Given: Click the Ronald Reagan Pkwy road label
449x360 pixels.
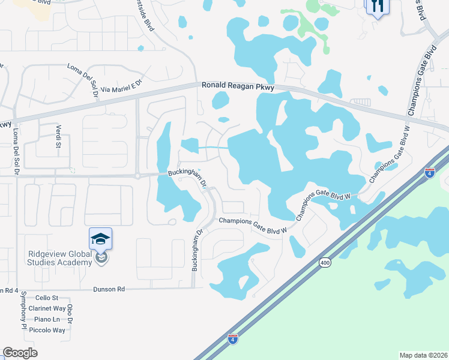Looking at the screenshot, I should click(238, 87).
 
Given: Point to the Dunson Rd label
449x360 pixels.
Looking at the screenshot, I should click(109, 289).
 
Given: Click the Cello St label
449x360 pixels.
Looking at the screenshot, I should click(46, 298).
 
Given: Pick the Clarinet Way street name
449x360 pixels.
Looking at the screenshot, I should click(46, 308).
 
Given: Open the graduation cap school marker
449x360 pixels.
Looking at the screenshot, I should click(101, 239).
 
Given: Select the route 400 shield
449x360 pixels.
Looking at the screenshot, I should click(325, 263).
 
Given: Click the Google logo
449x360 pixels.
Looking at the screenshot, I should click(20, 353).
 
